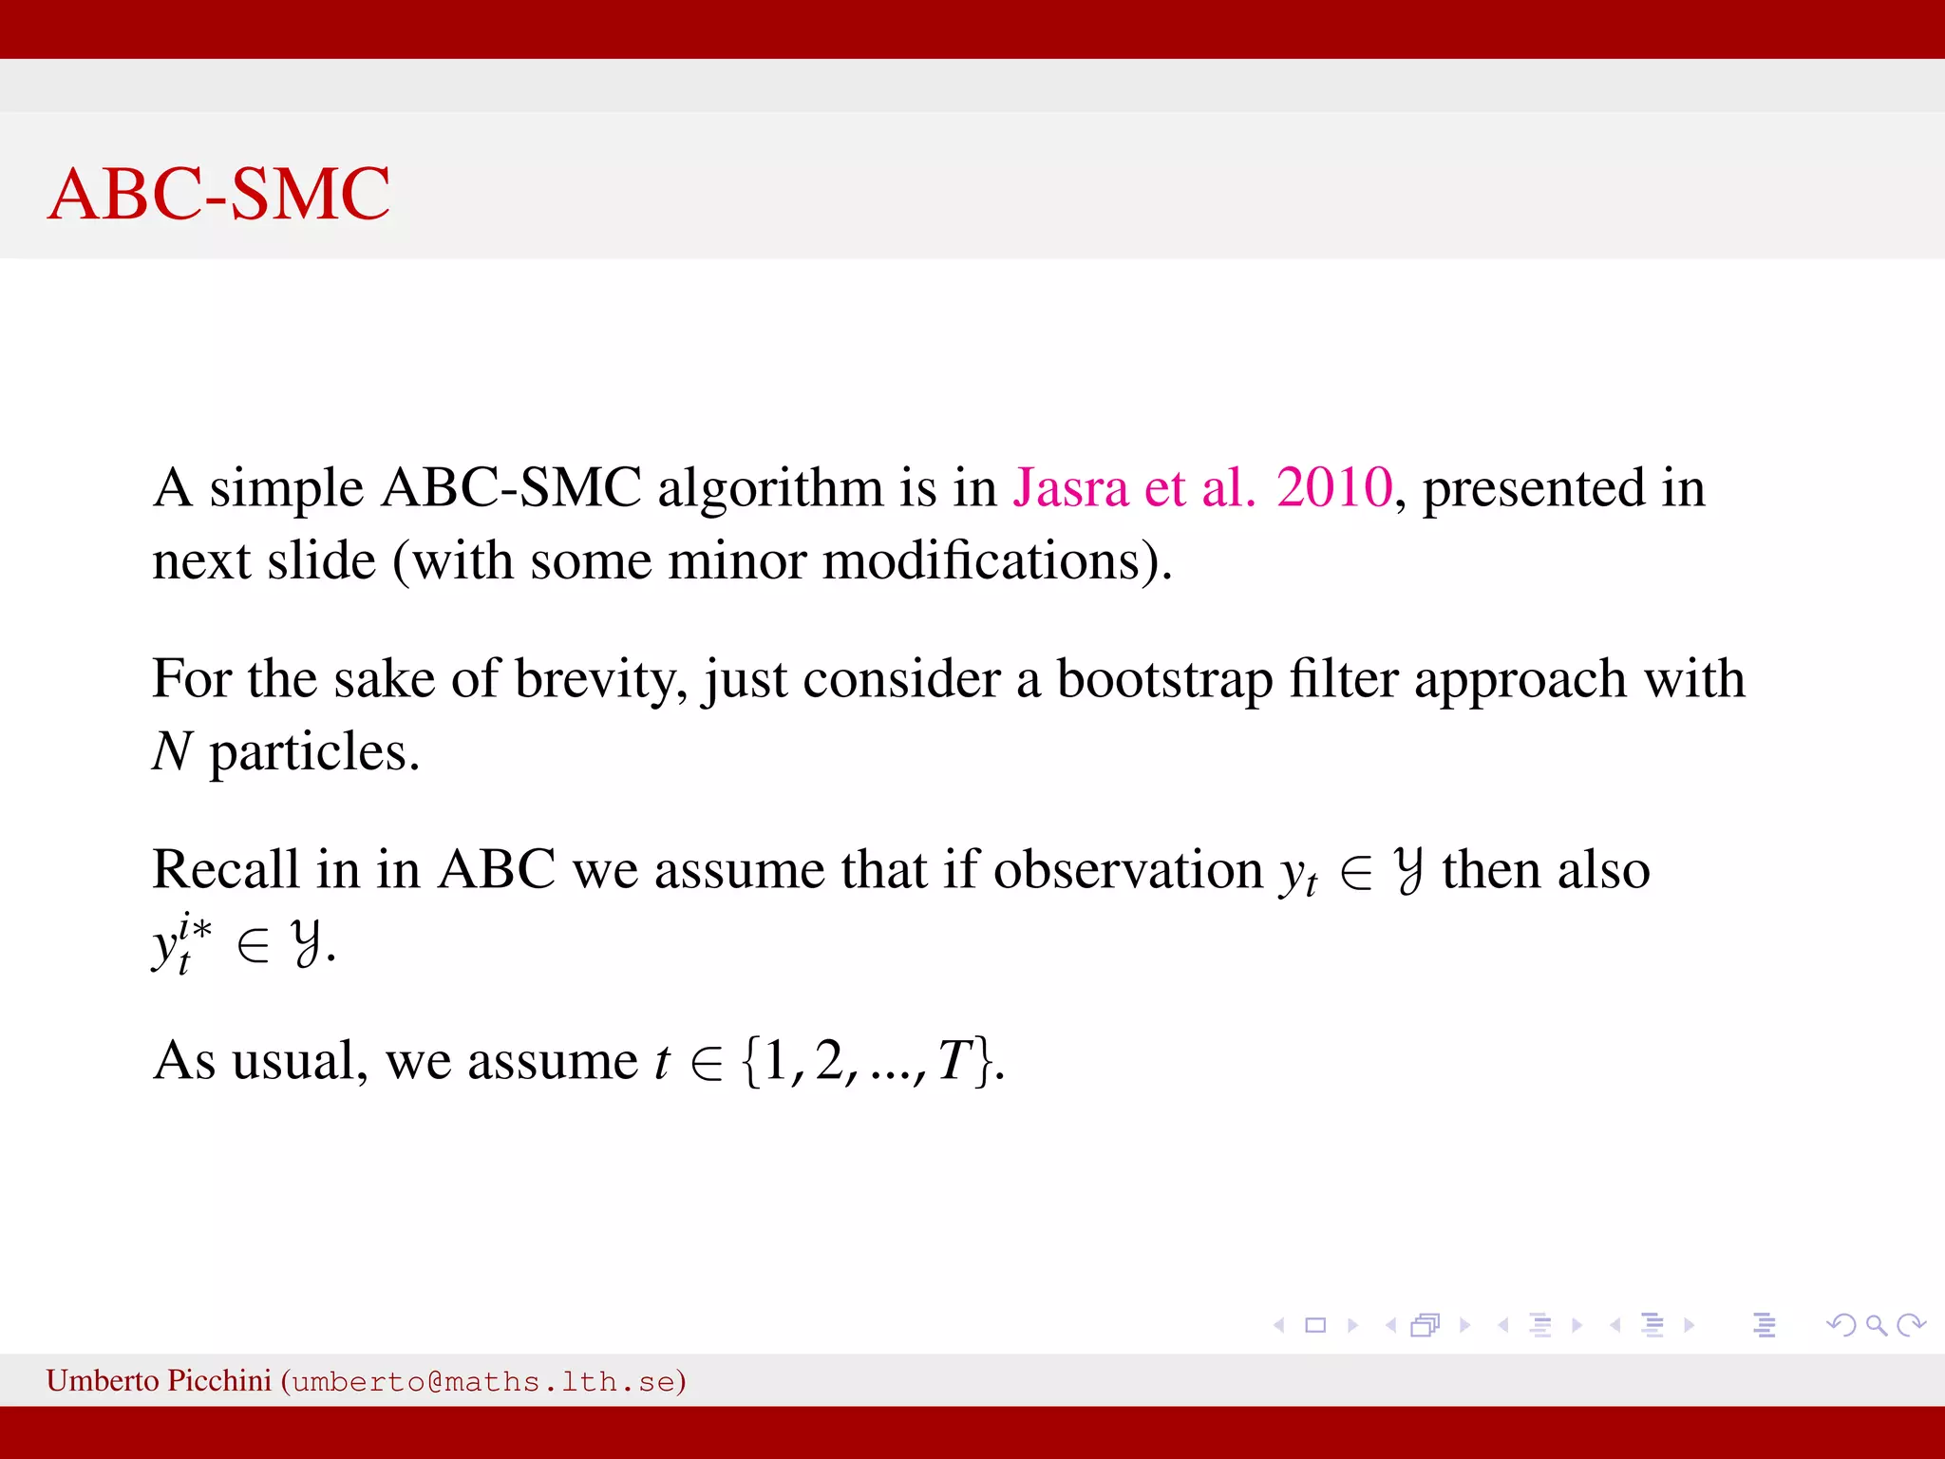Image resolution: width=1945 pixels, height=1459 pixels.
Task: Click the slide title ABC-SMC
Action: (218, 194)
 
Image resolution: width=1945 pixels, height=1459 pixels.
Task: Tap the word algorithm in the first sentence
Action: (770, 489)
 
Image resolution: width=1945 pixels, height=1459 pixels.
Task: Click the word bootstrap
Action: (1164, 680)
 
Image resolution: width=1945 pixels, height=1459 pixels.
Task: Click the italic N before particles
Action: (173, 751)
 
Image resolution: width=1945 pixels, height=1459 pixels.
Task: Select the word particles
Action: (313, 753)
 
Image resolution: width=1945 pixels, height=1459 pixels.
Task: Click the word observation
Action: (1127, 869)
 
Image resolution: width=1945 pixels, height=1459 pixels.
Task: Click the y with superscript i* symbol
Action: (180, 942)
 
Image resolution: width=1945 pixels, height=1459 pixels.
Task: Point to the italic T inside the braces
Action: (955, 1060)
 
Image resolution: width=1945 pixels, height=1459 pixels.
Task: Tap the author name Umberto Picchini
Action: (159, 1380)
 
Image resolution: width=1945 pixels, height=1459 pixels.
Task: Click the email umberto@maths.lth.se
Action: (483, 1381)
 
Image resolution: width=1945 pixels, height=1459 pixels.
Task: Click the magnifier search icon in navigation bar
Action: (1876, 1325)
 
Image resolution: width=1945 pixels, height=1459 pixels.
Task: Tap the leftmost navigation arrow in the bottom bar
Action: (1279, 1325)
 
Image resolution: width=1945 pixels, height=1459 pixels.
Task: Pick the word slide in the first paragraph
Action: (321, 560)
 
